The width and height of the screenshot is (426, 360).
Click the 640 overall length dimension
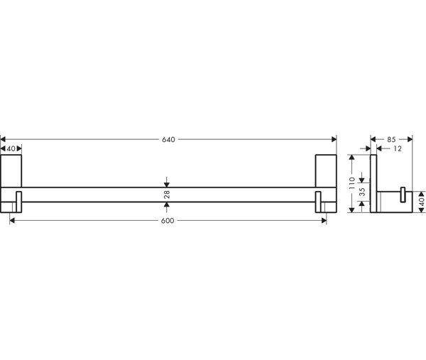[x=168, y=140]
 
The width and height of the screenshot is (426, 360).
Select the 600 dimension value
[x=168, y=221]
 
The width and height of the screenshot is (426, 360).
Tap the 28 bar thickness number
[x=167, y=195]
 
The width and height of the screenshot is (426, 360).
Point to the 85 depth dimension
[x=391, y=140]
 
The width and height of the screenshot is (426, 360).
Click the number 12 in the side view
[x=397, y=148]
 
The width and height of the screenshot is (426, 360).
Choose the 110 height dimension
[x=352, y=183]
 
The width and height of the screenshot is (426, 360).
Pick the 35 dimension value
[x=362, y=192]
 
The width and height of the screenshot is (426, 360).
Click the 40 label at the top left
[x=11, y=149]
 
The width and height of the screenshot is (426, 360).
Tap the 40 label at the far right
[x=421, y=202]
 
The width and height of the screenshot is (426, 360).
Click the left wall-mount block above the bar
[x=11, y=171]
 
